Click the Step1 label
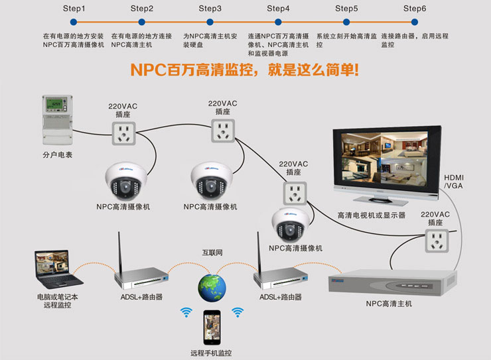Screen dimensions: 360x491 click(74, 9)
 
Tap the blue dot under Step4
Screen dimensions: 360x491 click(278, 22)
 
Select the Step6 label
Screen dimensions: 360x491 click(415, 9)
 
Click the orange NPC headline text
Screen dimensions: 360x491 click(244, 70)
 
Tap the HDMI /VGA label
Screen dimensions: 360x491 click(455, 182)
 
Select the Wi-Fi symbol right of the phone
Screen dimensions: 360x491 click(237, 312)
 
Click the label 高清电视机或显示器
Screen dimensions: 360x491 click(372, 215)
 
